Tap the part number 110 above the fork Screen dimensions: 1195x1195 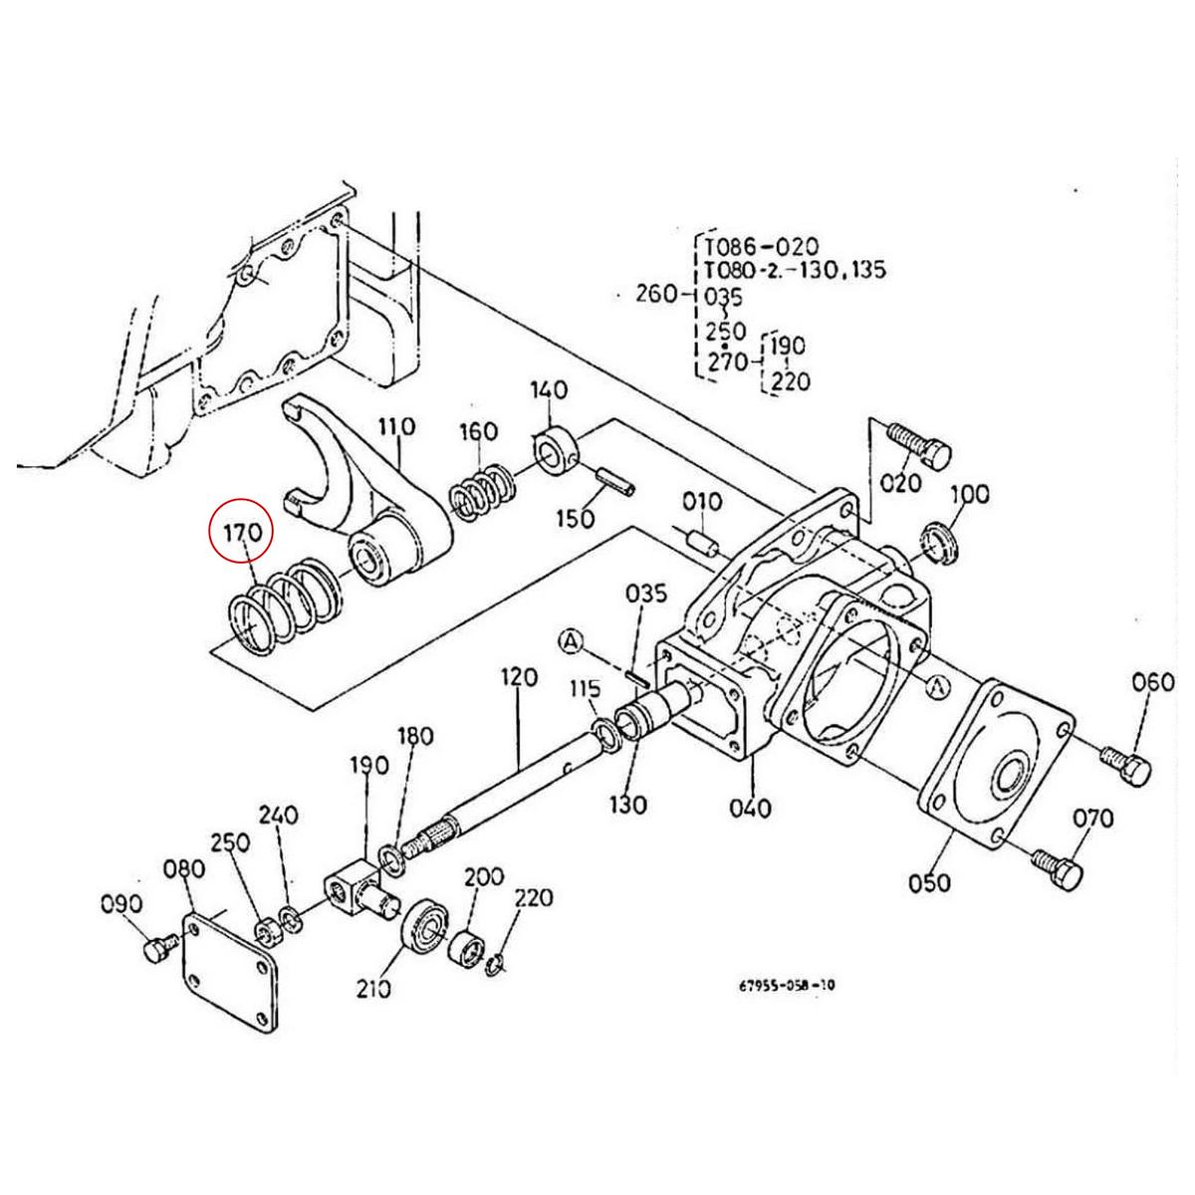[395, 428]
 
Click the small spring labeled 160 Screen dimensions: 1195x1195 [483, 490]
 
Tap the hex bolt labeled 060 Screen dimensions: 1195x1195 [1125, 764]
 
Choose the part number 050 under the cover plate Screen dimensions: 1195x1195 [929, 882]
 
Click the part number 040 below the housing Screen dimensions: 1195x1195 [750, 807]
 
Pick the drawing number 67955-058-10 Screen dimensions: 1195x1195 [787, 986]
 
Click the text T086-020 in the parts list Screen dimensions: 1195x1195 [762, 246]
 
